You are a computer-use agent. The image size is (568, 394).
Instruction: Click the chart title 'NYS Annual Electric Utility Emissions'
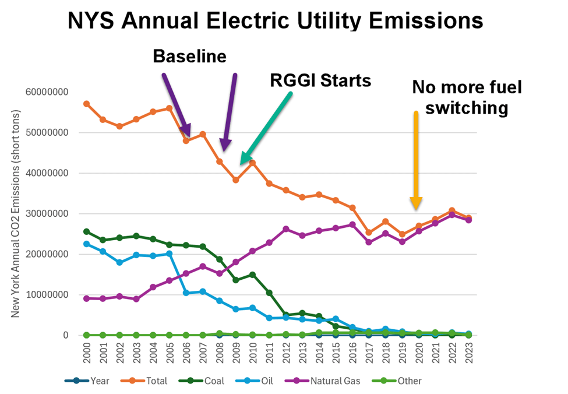click(x=275, y=21)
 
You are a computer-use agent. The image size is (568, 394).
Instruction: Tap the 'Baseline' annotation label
click(x=189, y=56)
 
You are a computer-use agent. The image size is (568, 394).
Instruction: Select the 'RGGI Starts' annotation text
click(x=320, y=80)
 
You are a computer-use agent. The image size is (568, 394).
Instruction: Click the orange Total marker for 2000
click(x=86, y=104)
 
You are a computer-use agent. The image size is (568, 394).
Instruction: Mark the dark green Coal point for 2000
click(x=86, y=231)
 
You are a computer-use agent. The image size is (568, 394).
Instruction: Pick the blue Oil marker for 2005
click(x=170, y=254)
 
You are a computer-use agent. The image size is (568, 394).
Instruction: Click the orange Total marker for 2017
click(x=369, y=233)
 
